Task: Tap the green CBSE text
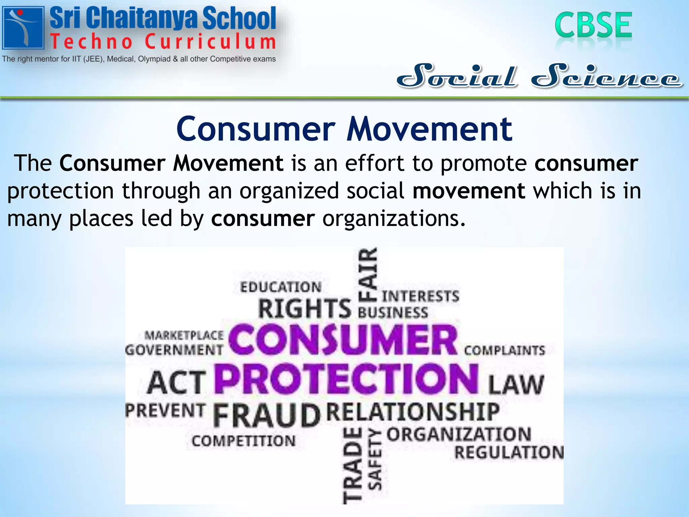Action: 593,25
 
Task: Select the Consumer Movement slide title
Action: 344,129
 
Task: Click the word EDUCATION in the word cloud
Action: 281,287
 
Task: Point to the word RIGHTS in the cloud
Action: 304,309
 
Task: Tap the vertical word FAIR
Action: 368,274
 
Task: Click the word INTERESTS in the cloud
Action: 420,296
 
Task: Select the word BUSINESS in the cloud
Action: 393,313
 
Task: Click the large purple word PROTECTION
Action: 346,379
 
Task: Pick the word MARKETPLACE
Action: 184,335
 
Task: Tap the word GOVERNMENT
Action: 174,350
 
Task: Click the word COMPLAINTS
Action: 504,350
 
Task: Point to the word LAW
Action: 515,385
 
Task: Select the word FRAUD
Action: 266,416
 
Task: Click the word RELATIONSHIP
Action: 413,412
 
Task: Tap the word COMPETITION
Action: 244,441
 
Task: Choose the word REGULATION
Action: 509,452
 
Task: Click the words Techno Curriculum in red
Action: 163,42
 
